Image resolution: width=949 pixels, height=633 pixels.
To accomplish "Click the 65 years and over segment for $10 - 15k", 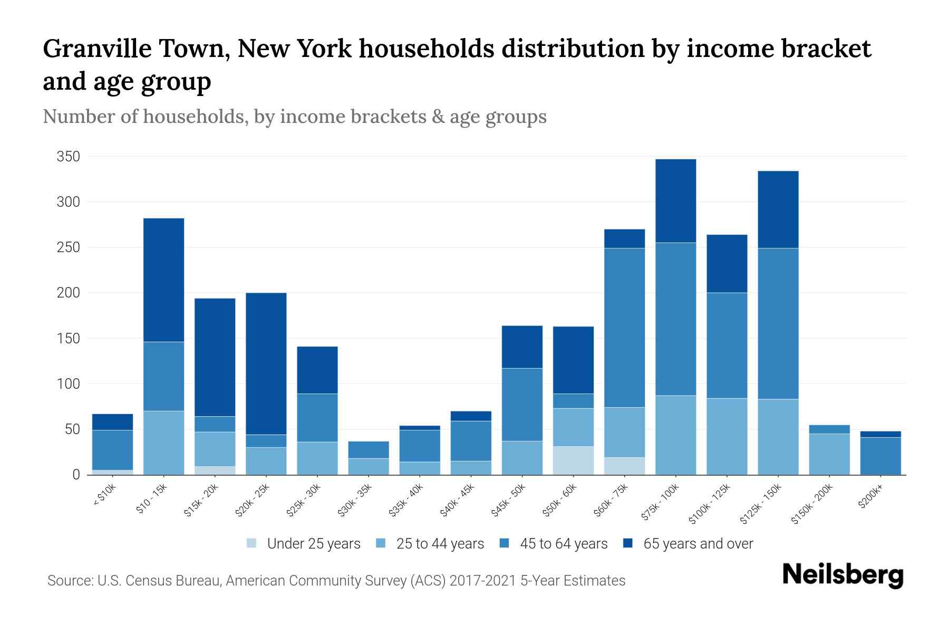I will [163, 280].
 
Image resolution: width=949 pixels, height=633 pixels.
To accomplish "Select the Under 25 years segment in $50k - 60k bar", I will [573, 461].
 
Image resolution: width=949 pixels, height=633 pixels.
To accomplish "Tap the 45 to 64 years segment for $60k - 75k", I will [625, 328].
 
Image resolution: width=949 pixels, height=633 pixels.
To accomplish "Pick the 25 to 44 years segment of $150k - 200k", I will [829, 454].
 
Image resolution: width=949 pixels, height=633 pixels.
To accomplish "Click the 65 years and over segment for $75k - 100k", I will [676, 201].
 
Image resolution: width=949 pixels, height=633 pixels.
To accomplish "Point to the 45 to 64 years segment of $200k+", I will [880, 456].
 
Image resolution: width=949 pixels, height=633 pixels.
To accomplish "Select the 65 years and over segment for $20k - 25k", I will [266, 363].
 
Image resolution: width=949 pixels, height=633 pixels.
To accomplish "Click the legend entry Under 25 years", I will [314, 544].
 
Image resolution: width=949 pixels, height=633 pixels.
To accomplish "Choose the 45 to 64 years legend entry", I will [564, 544].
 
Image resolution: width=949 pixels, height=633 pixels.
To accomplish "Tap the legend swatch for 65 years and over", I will [628, 543].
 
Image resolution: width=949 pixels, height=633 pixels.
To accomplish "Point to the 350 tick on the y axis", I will [69, 157].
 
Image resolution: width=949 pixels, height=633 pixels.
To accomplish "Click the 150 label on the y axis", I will [69, 338].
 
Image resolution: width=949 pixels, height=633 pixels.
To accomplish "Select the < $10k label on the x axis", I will [104, 496].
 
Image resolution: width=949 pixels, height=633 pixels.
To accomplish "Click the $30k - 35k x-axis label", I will [355, 502].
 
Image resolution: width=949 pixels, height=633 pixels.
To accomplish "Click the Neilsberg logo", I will [843, 576].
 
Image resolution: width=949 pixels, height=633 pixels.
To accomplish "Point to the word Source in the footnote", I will [69, 581].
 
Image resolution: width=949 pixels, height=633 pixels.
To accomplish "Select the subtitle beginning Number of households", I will [294, 117].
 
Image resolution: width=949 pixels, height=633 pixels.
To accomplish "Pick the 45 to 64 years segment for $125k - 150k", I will [778, 323].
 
